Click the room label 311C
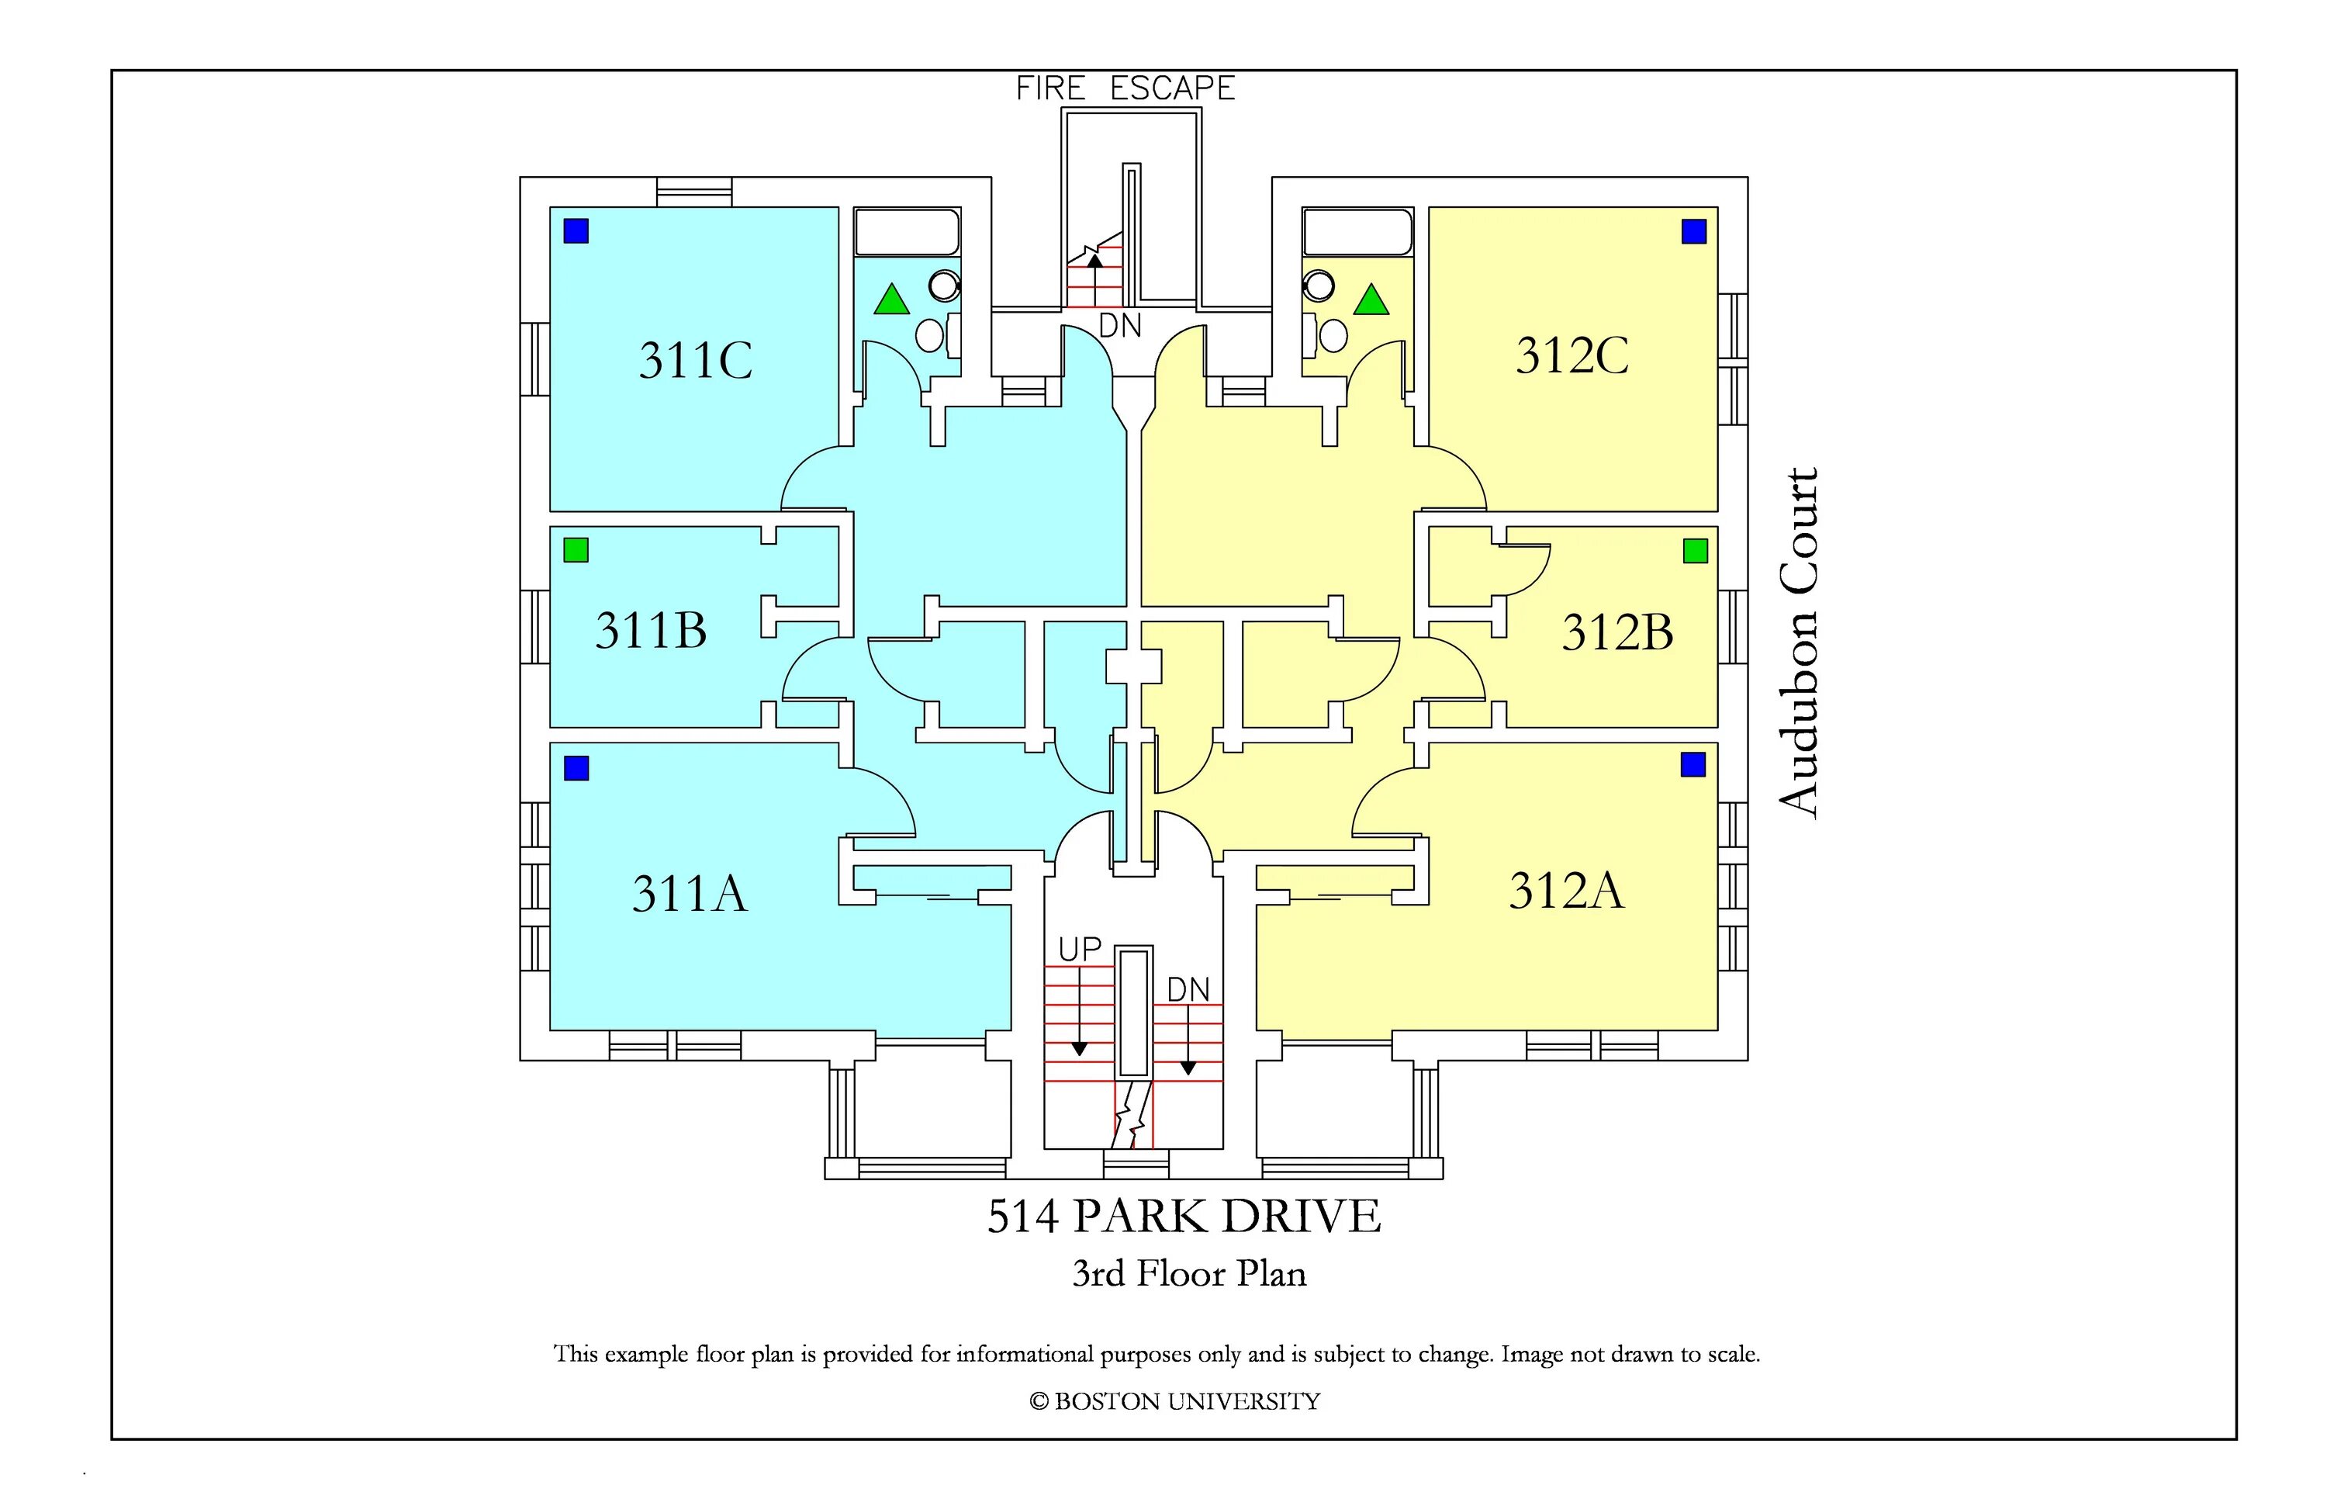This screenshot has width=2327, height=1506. tap(696, 360)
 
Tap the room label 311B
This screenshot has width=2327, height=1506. tap(651, 631)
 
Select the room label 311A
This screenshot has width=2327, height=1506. tap(690, 894)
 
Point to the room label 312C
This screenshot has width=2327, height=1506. tap(1572, 355)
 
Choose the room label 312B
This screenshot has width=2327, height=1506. tap(1617, 632)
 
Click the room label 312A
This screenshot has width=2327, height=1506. tap(1565, 891)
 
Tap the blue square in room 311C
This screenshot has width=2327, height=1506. tap(576, 230)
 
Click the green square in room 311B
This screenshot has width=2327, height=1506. tap(576, 551)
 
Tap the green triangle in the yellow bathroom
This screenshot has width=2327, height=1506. tap(1371, 300)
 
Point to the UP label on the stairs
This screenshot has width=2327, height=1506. tap(1080, 950)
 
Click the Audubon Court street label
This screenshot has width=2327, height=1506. tap(1799, 642)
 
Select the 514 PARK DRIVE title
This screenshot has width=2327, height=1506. tap(1184, 1217)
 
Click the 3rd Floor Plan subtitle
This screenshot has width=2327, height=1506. tap(1189, 1274)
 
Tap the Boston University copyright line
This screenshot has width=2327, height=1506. tap(1174, 1401)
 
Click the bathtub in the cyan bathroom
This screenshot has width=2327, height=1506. tap(906, 233)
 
